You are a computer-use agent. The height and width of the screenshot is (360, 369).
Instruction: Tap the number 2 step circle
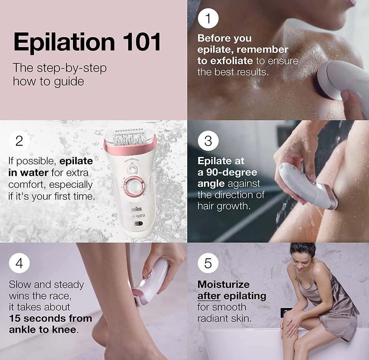click(x=19, y=141)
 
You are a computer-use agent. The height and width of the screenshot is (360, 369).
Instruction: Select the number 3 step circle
click(x=208, y=141)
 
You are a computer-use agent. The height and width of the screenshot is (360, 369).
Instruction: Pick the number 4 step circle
click(x=19, y=263)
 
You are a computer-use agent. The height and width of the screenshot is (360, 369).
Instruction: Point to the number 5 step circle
click(x=208, y=263)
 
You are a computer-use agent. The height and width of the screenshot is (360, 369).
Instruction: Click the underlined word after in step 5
click(x=209, y=296)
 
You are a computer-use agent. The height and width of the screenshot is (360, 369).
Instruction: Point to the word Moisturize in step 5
click(x=223, y=284)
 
